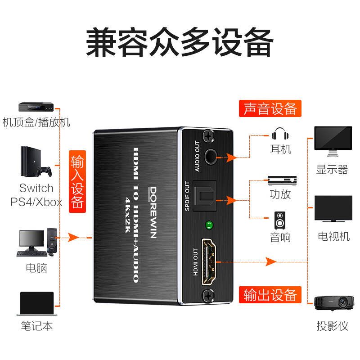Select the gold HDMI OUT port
210,261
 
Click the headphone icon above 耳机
280,134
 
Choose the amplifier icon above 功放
282,180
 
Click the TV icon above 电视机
333,209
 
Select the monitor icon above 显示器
333,141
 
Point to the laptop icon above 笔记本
37,304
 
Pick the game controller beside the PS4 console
44,171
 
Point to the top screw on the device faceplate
208,135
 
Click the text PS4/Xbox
36,202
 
